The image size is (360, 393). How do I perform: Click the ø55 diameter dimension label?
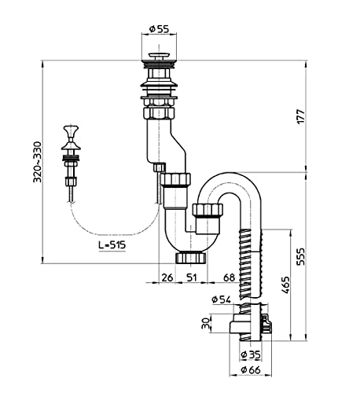[159, 29]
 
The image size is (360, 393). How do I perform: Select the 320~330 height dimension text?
[38, 162]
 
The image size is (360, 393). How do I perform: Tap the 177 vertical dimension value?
[301, 116]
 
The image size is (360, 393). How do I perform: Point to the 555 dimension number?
[301, 256]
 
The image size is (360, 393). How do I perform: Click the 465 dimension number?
[286, 285]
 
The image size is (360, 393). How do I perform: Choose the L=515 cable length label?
[112, 245]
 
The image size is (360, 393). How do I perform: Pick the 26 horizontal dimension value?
[167, 277]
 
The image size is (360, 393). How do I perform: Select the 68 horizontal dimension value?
[230, 277]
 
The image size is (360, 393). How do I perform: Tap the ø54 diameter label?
[222, 299]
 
